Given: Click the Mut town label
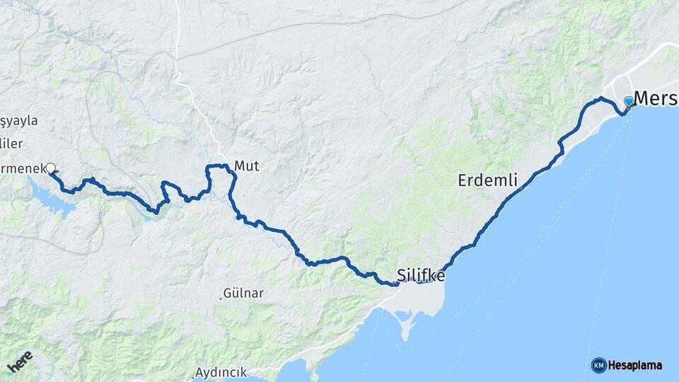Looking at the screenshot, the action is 247,166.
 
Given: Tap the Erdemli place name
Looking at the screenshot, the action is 487,180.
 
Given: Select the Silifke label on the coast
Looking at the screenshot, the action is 421,275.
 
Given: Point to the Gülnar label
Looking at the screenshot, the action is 243,292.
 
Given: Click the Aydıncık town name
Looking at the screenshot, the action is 221,371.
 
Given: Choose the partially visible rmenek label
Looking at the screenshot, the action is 22,168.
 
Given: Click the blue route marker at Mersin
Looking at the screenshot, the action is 628,101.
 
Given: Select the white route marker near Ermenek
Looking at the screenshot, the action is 50,168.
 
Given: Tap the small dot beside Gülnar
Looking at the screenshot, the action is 220,297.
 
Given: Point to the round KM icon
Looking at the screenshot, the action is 598,365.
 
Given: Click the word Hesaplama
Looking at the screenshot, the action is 635,365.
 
